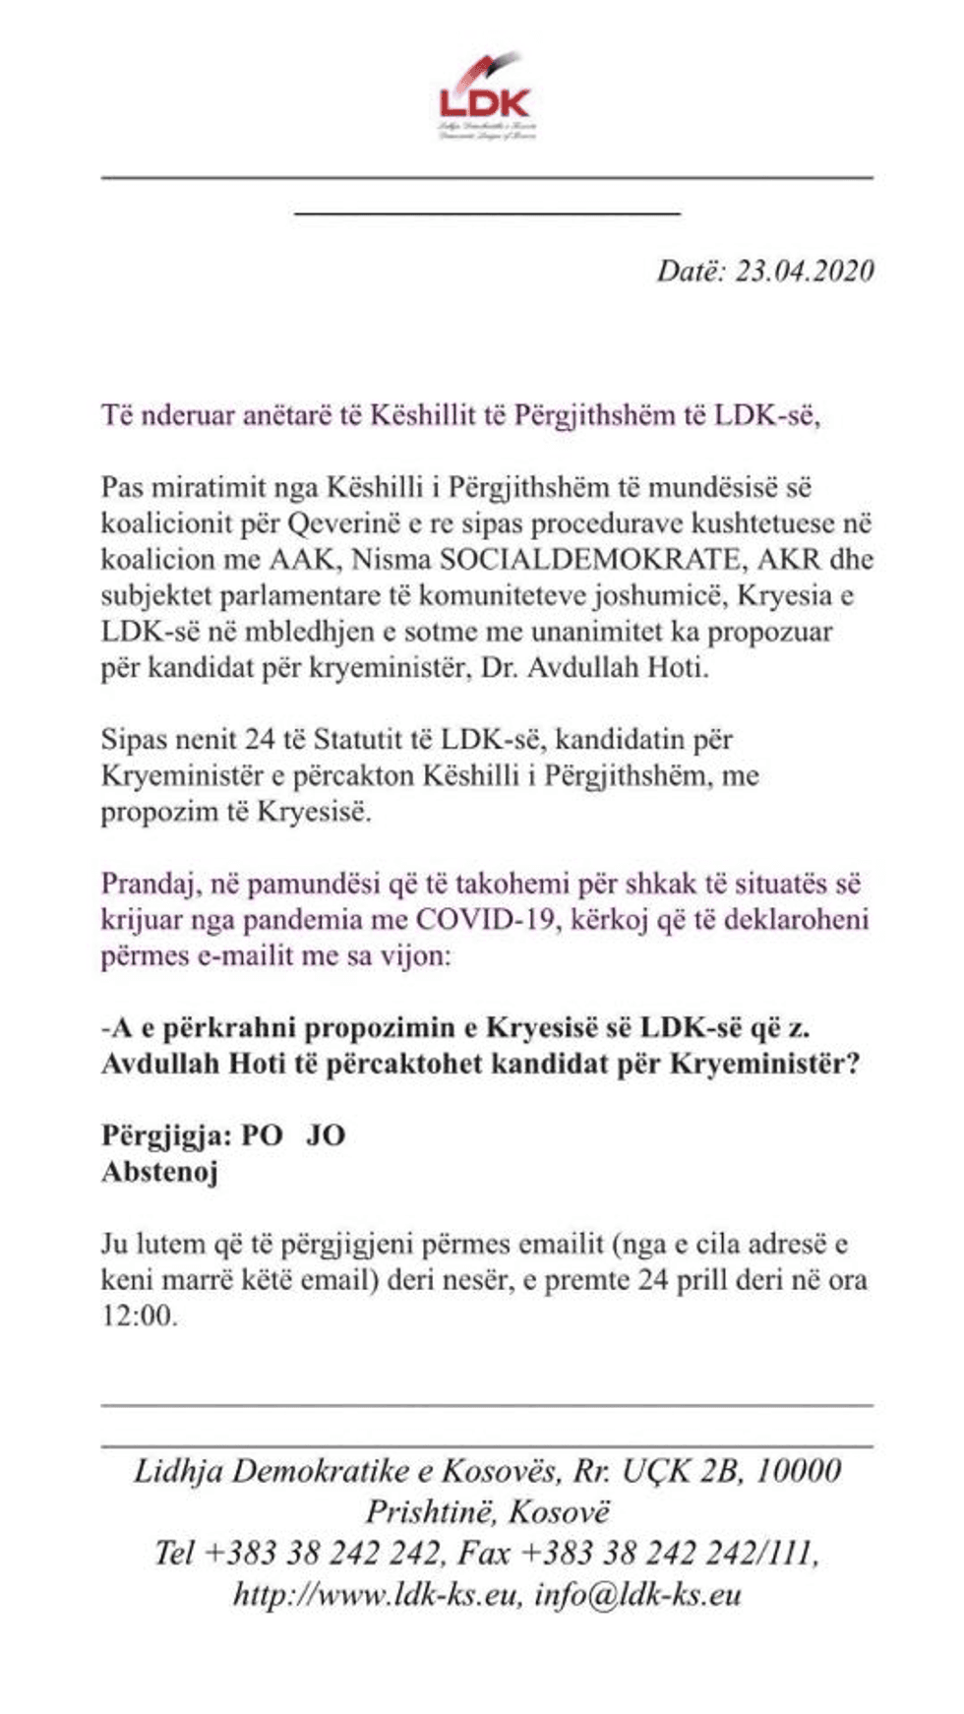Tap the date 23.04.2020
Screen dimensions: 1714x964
click(x=804, y=272)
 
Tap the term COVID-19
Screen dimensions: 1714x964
click(x=481, y=920)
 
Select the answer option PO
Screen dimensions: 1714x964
click(x=262, y=1135)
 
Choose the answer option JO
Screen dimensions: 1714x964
click(x=326, y=1135)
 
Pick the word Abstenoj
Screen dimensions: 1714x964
click(x=159, y=1172)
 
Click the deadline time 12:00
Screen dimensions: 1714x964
click(x=139, y=1316)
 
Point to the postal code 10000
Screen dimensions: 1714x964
click(x=799, y=1471)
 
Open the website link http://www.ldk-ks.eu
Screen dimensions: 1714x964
click(x=375, y=1595)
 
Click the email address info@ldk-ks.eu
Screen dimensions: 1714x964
click(x=637, y=1595)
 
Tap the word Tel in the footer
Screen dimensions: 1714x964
click(x=174, y=1554)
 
